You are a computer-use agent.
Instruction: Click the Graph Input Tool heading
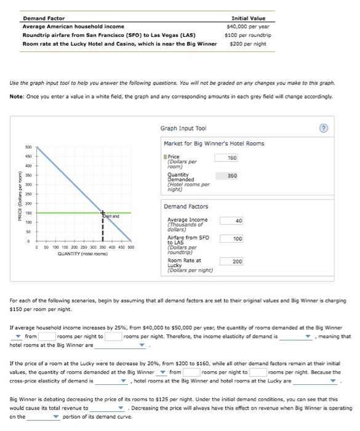[178, 129]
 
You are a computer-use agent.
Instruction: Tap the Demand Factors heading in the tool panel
[185, 206]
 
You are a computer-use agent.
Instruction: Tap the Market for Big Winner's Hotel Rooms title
[214, 143]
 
